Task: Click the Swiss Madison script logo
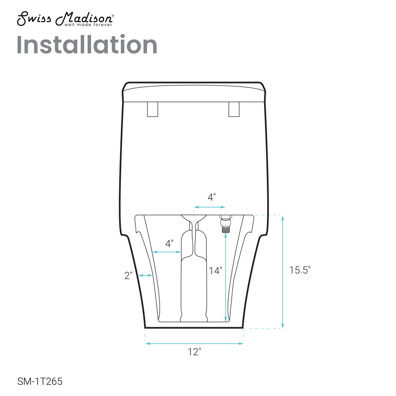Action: [65, 18]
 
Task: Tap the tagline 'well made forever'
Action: [88, 25]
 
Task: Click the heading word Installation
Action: [87, 45]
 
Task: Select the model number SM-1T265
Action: [40, 382]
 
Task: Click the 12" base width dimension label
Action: [194, 352]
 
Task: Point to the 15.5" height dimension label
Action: [300, 270]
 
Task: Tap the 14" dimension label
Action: [215, 270]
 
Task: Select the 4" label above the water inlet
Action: [212, 197]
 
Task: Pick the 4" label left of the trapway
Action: [169, 244]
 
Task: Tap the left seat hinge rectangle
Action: [152, 109]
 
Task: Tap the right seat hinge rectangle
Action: [234, 109]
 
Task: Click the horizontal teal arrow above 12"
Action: [194, 343]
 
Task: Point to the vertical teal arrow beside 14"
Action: [226, 277]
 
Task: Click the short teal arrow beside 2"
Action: [145, 276]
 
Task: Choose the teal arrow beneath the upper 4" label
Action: [209, 207]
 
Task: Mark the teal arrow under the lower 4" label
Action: [167, 252]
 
